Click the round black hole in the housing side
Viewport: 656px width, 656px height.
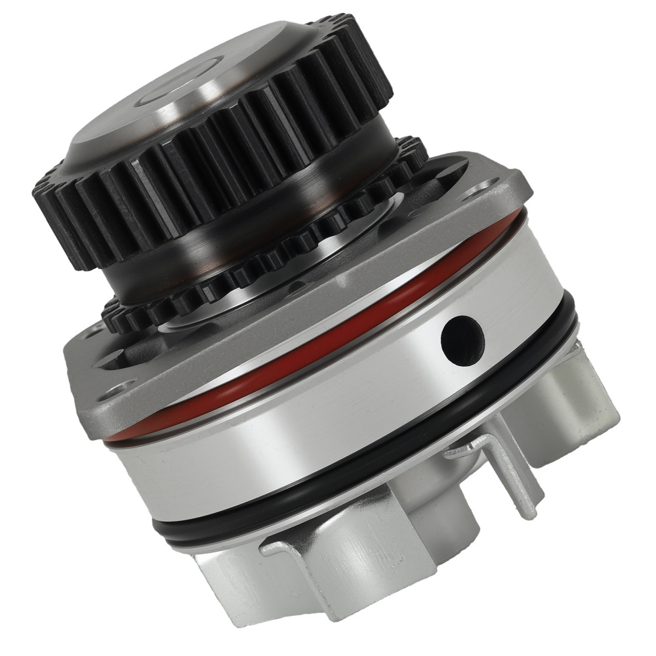(462, 337)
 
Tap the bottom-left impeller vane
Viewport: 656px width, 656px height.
(236, 577)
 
